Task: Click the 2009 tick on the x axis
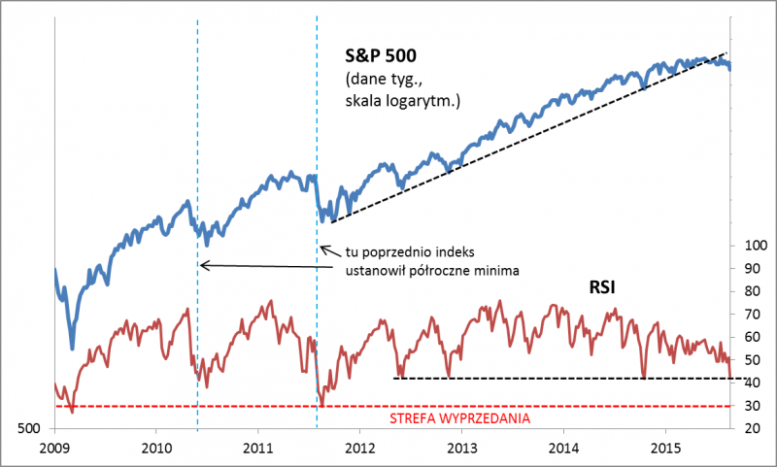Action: (x=55, y=449)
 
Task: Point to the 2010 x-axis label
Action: (x=157, y=449)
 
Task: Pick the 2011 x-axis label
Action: (x=258, y=449)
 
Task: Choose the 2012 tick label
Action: (x=360, y=449)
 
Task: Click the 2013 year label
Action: (x=461, y=449)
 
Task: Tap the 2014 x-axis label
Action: (x=563, y=449)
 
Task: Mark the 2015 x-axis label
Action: (x=664, y=449)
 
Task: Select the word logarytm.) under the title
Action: (x=426, y=100)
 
